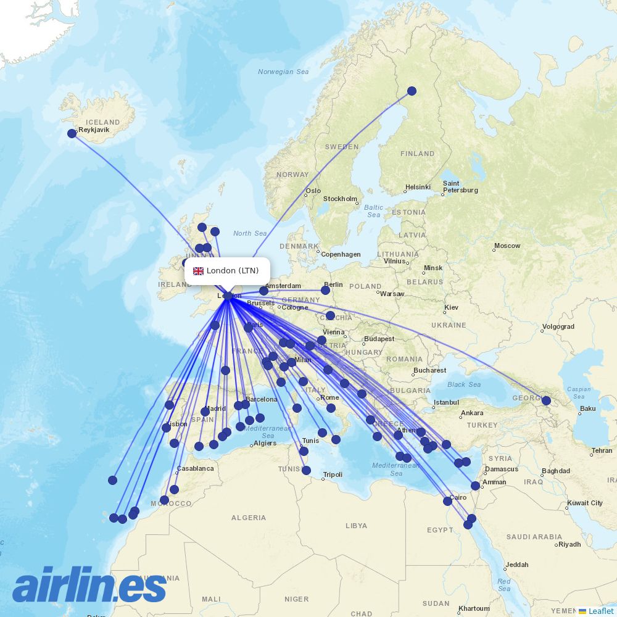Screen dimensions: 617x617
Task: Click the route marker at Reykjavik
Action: click(72, 133)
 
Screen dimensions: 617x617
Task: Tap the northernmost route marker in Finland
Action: click(412, 91)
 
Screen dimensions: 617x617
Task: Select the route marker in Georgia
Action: click(546, 400)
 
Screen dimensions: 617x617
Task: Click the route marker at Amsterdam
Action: click(264, 291)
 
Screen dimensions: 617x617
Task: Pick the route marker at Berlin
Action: click(327, 289)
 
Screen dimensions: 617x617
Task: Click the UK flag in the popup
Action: click(198, 271)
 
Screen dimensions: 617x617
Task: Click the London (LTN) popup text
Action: click(233, 271)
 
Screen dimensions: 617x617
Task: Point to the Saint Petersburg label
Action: click(460, 187)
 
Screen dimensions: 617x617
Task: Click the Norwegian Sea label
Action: click(283, 72)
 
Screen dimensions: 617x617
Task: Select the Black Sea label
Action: click(464, 384)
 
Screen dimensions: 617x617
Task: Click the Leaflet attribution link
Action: click(601, 611)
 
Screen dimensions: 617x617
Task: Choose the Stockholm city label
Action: click(340, 199)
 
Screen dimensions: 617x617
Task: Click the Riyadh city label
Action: click(569, 544)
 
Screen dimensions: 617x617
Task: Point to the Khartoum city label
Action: click(474, 608)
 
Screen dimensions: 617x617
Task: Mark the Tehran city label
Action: click(602, 451)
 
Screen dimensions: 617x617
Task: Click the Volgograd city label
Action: click(558, 327)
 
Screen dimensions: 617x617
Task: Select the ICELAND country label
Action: click(104, 122)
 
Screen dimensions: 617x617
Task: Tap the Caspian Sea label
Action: click(579, 392)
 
